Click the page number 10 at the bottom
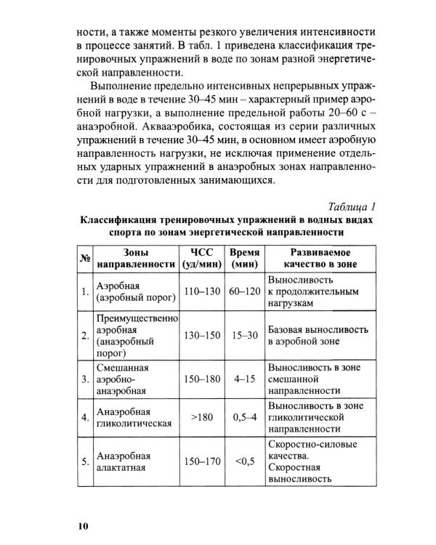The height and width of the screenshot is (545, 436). coord(81,525)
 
